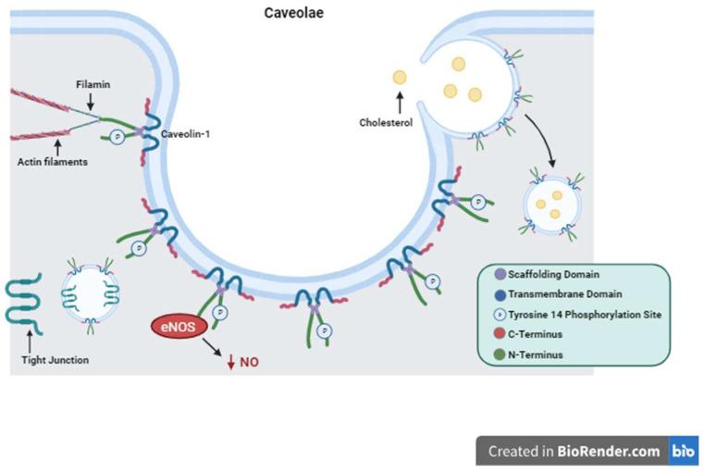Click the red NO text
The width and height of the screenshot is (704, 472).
click(x=249, y=362)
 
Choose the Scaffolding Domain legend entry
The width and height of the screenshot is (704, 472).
click(x=553, y=274)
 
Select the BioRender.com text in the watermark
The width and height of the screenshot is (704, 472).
click(x=609, y=452)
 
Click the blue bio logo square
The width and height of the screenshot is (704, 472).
click(x=684, y=451)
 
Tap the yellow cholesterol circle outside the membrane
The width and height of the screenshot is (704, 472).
click(x=400, y=78)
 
